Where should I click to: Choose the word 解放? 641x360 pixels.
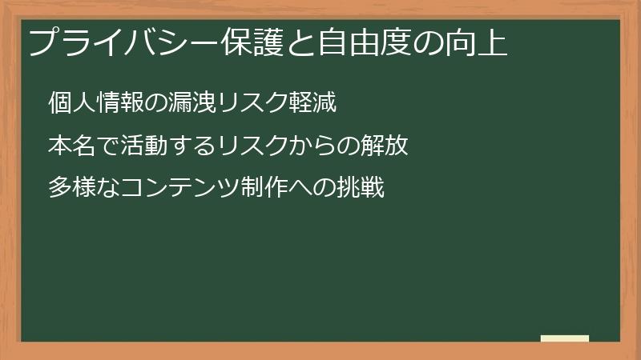385,146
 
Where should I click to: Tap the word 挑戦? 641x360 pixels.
361,189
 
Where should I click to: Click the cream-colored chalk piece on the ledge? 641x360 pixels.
565,338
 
